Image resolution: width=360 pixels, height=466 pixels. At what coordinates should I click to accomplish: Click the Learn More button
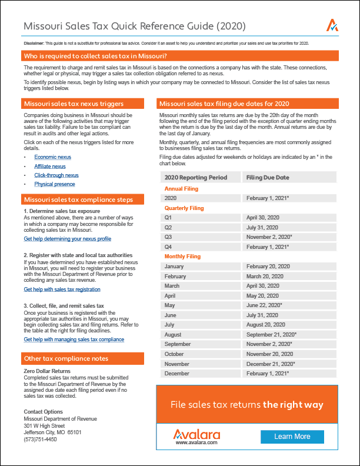pos(292,437)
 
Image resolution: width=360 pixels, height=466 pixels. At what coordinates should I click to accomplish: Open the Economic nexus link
pos(52,157)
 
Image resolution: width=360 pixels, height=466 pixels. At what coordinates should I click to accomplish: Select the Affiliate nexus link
pos(50,167)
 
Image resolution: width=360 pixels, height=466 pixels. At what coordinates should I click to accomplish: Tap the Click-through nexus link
pos(56,175)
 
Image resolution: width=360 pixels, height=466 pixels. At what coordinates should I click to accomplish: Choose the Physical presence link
pos(55,184)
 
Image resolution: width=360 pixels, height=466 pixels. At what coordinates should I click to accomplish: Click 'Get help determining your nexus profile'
pos(67,239)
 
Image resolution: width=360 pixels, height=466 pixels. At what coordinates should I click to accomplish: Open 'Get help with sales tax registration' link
pos(62,289)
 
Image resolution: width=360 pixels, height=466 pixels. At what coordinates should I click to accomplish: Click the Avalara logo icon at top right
pos(332,25)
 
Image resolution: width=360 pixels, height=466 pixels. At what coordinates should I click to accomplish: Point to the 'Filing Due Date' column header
pos(268,177)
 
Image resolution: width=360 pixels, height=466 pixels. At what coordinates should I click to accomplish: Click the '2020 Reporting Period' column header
pos(195,177)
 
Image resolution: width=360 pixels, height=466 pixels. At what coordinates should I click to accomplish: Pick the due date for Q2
pos(263,227)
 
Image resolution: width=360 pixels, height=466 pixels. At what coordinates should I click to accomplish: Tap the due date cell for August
pos(271,334)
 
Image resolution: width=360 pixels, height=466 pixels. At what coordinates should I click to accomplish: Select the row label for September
pos(178,344)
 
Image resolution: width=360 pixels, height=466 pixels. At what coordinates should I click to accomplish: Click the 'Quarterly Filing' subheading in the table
pos(184,208)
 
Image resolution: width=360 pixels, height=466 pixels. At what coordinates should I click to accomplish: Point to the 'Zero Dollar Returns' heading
pos(47,371)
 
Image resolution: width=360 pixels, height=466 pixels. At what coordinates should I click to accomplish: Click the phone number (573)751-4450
pos(41,439)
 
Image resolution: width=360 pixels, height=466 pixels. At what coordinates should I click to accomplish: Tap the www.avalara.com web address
pos(196,442)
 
